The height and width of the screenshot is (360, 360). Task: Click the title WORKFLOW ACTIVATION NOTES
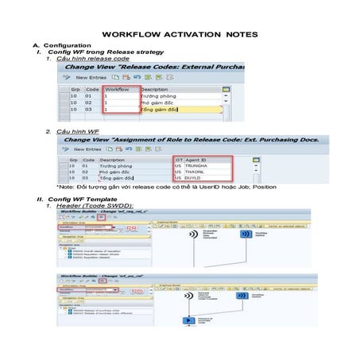180,36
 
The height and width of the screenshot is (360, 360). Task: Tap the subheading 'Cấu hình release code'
93,59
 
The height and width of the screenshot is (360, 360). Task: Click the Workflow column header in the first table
118,89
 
